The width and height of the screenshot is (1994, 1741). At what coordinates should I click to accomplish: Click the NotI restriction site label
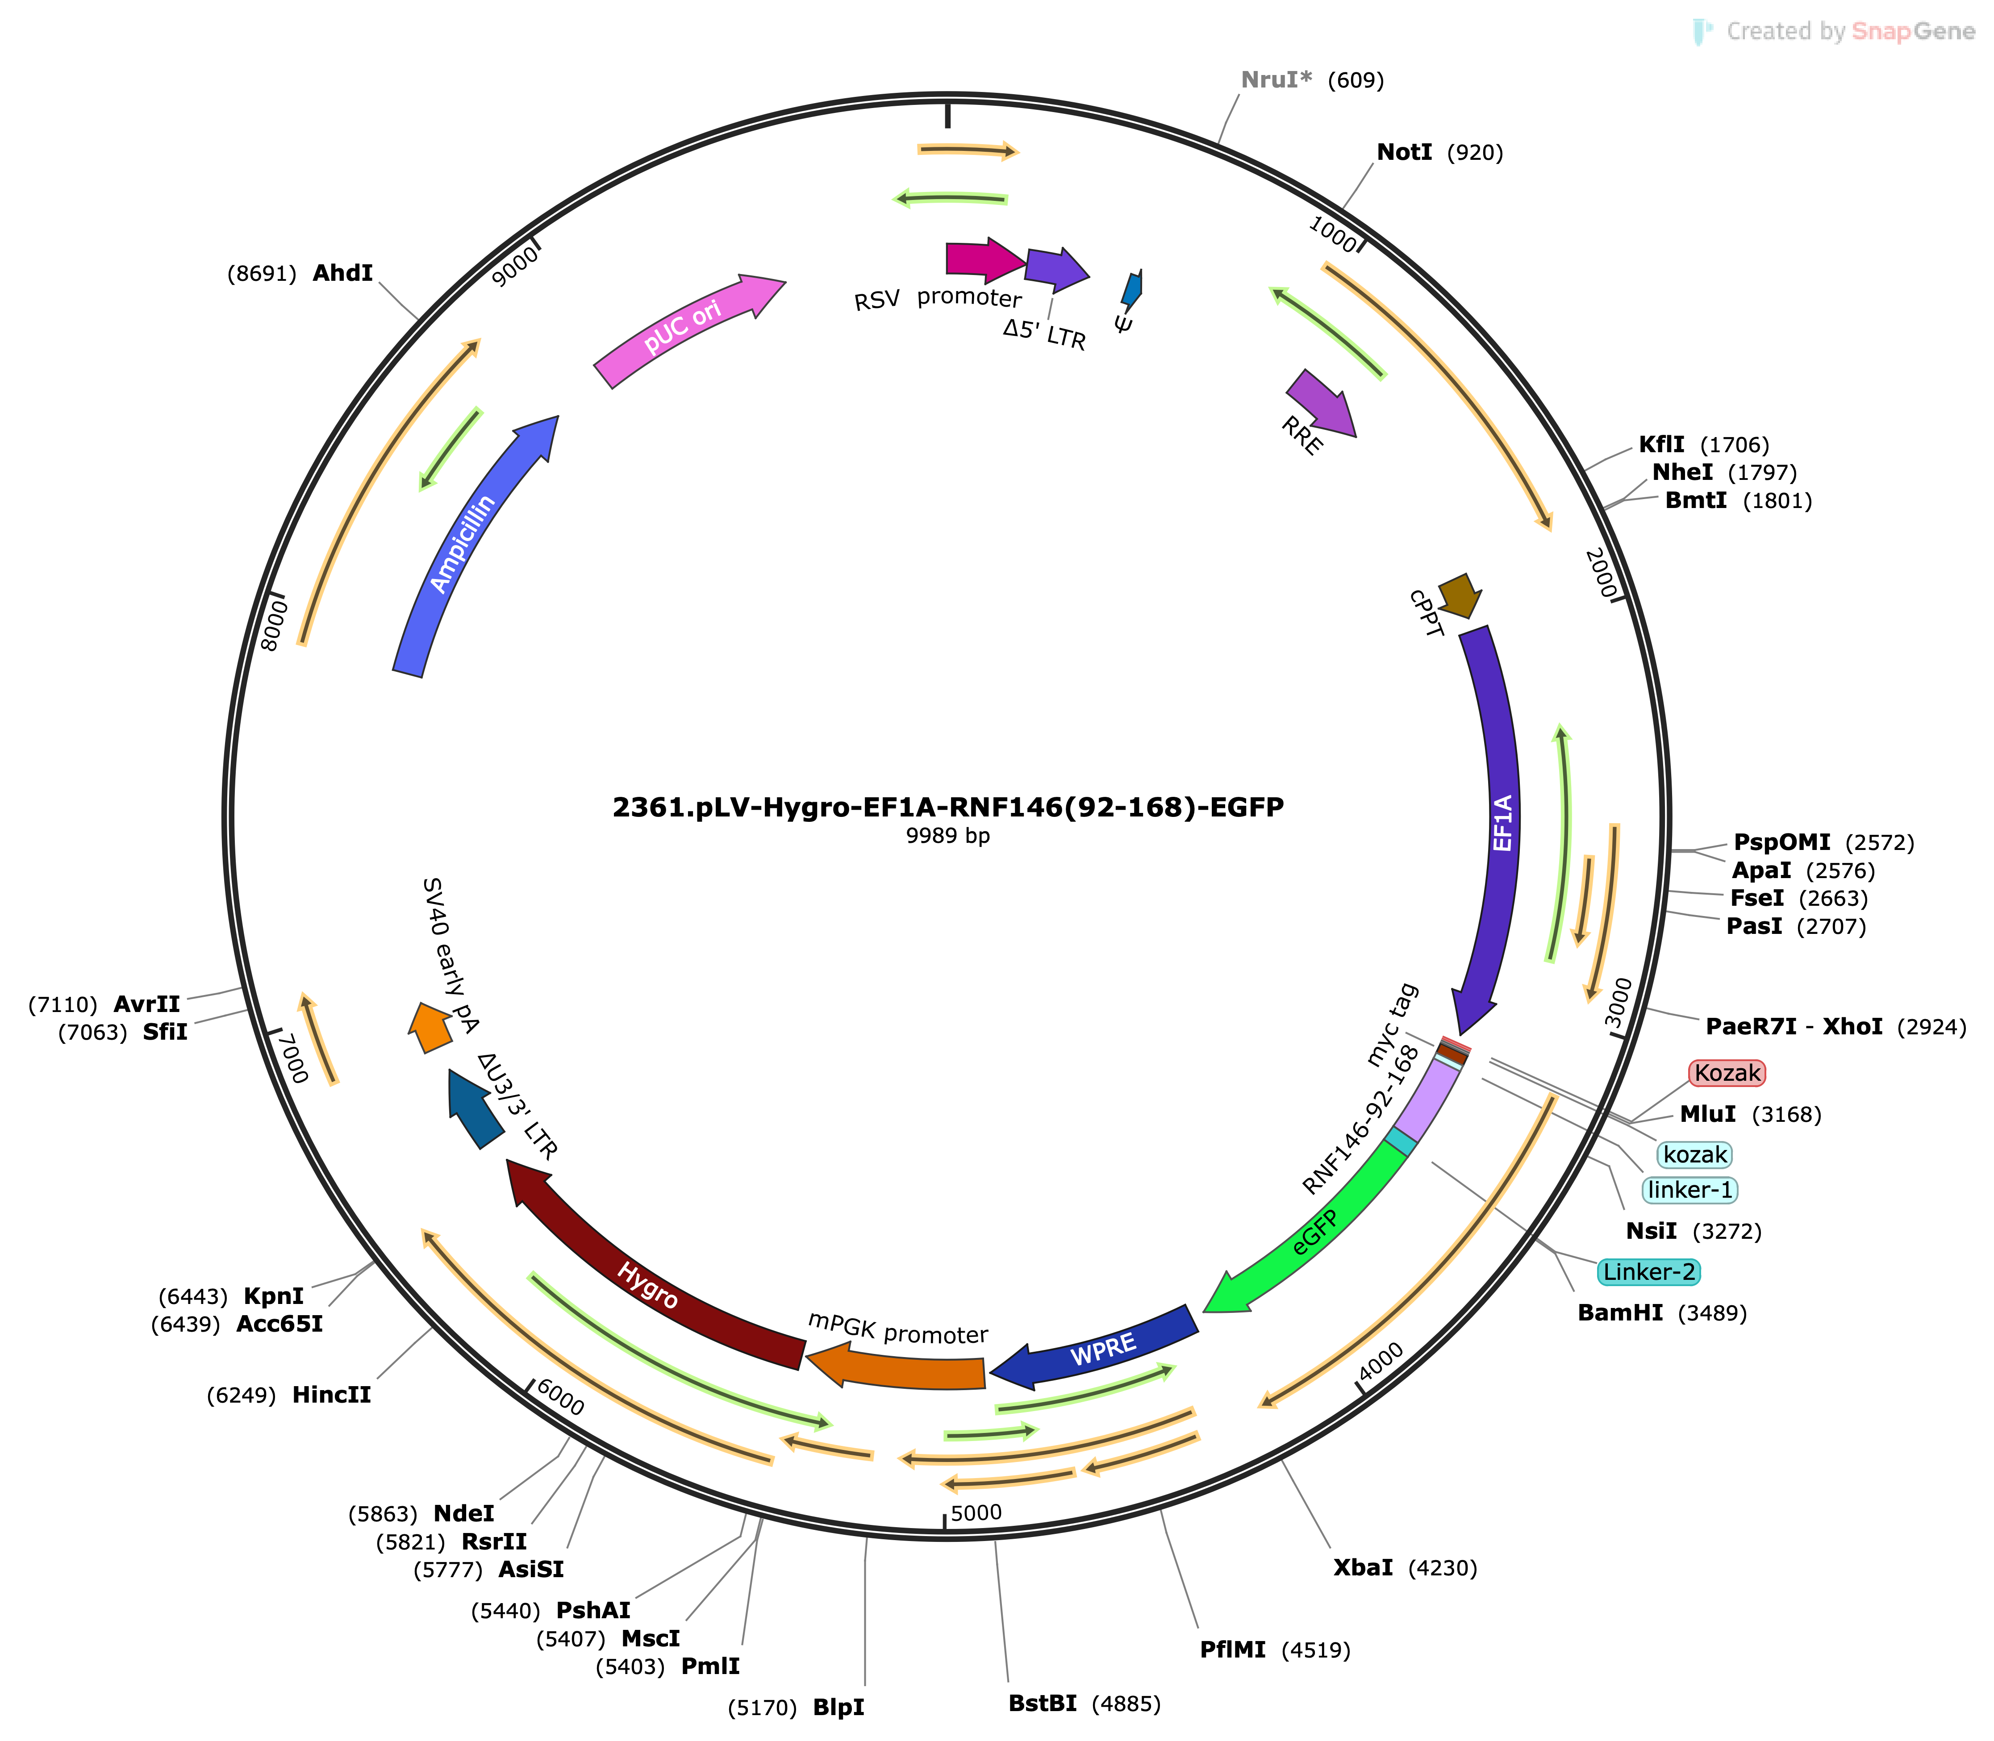click(x=1404, y=153)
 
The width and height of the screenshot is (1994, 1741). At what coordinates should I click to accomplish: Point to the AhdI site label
click(x=342, y=273)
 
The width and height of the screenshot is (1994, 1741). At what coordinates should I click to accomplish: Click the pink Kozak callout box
click(x=1727, y=1073)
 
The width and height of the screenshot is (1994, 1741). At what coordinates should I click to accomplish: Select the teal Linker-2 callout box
click(x=1649, y=1272)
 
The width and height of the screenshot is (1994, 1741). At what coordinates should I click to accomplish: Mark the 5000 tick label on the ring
click(x=976, y=1513)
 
